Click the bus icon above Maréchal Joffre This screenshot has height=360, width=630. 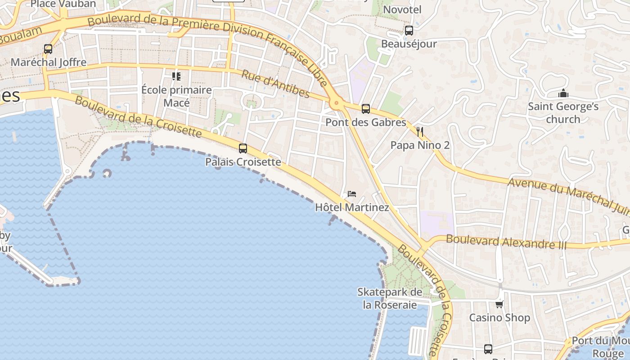[48, 49]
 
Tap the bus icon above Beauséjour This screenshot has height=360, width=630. [409, 31]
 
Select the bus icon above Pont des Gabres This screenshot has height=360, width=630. [365, 109]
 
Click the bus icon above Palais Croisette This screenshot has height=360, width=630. [243, 148]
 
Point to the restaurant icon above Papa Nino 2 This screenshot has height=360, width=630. [420, 132]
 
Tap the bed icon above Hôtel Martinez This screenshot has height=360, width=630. [352, 194]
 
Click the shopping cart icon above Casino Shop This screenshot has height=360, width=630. [499, 305]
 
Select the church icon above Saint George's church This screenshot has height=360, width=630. [563, 94]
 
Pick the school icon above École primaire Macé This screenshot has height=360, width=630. [176, 76]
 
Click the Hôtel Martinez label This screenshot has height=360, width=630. [352, 207]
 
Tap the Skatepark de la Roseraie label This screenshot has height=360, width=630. [390, 298]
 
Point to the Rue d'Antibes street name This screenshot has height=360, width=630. [275, 84]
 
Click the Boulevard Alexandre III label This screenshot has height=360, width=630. [506, 242]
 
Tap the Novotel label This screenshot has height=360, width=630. [402, 9]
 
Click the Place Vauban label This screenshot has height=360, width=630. [63, 4]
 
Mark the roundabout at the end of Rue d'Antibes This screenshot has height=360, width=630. [336, 103]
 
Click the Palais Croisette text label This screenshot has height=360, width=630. [243, 162]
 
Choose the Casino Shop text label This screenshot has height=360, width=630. [499, 318]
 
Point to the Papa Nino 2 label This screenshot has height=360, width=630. [420, 145]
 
